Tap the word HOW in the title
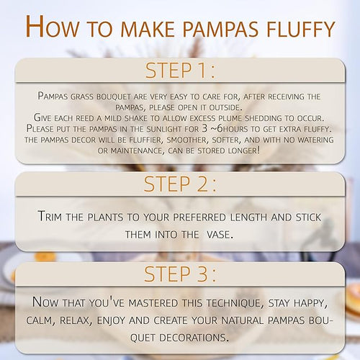pos(52,27)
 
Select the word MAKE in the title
pos(148,29)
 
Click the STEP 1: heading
pos(180,71)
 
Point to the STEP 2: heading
pos(180,184)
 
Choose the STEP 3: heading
pos(180,274)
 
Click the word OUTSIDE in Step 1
pos(225,107)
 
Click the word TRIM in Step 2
pos(50,216)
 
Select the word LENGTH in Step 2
pos(248,217)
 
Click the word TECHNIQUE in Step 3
pos(235,303)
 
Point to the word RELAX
pos(76,320)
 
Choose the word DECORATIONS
pos(193,338)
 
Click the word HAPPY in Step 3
pos(310,303)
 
